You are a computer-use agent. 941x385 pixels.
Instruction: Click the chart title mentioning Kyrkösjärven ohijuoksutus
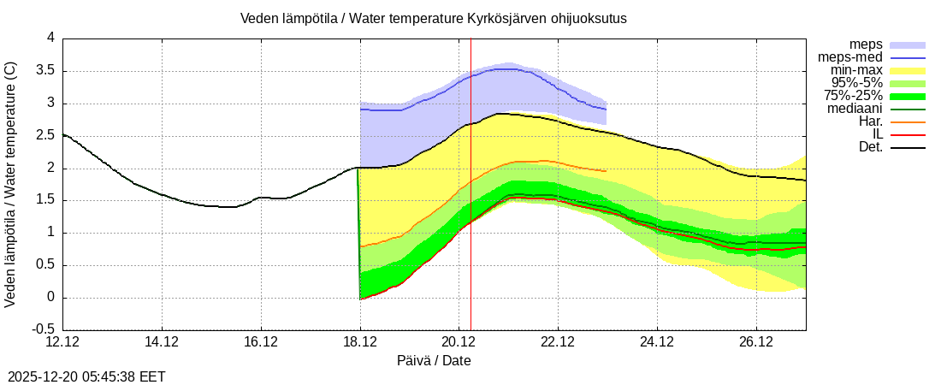(433, 18)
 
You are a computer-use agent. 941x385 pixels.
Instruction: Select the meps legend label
(866, 44)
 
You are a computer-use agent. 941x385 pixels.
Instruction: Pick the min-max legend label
(856, 70)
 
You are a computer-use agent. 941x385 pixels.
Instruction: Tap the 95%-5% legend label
(857, 83)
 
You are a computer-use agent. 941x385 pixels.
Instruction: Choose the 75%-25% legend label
(853, 96)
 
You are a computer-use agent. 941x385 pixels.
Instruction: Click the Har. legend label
(870, 121)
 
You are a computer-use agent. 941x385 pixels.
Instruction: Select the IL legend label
(875, 134)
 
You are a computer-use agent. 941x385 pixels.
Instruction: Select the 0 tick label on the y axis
(50, 298)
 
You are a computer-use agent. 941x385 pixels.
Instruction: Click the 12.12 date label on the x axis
(62, 342)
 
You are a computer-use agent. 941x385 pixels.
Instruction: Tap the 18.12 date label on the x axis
(360, 342)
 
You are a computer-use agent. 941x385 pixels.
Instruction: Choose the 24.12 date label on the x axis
(657, 342)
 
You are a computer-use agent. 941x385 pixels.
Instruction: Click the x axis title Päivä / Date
(434, 361)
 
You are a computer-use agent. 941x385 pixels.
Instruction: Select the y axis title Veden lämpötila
(11, 184)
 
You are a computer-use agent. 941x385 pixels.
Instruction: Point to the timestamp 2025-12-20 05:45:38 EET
(86, 376)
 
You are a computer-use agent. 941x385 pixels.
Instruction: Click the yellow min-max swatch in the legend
(908, 70)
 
